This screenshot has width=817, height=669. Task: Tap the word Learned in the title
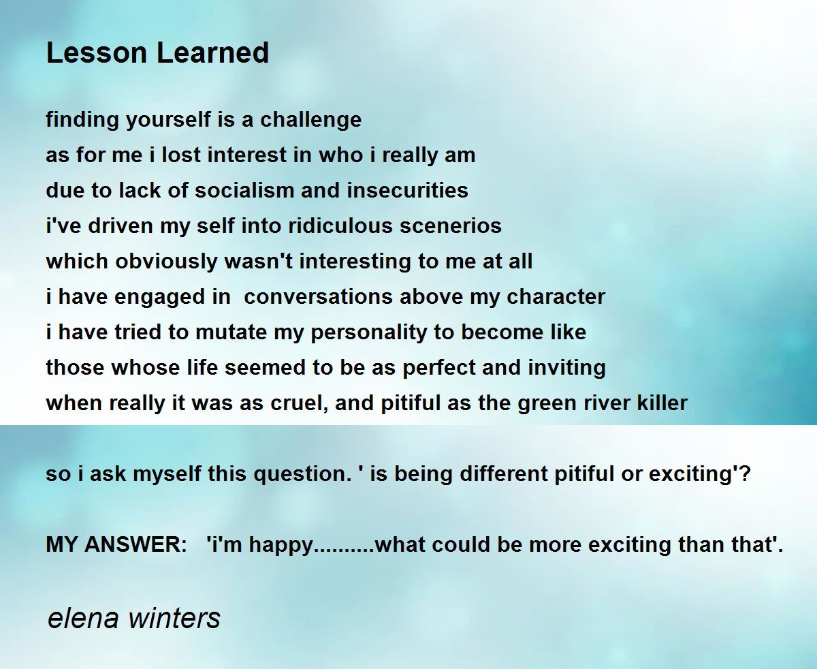click(212, 52)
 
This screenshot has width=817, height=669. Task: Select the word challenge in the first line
click(310, 120)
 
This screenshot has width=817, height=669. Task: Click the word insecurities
click(408, 191)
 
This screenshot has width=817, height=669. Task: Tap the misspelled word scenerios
click(451, 226)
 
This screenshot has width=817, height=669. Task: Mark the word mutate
click(231, 333)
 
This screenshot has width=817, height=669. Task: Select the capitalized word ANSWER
click(135, 544)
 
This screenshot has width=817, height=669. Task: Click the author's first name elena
click(83, 618)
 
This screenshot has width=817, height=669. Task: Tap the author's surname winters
click(174, 618)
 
